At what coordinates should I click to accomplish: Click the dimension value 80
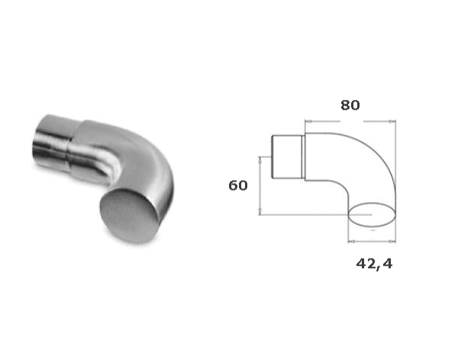[x=350, y=105]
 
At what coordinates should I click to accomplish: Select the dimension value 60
[x=238, y=185]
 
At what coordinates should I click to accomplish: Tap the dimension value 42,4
[x=374, y=264]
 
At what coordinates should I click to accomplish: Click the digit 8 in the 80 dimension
[x=345, y=105]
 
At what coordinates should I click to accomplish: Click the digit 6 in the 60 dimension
[x=233, y=185]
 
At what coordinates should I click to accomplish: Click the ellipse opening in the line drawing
[x=372, y=214]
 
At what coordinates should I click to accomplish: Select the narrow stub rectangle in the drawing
[x=287, y=156]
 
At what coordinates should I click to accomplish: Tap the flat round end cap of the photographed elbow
[x=130, y=216]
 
